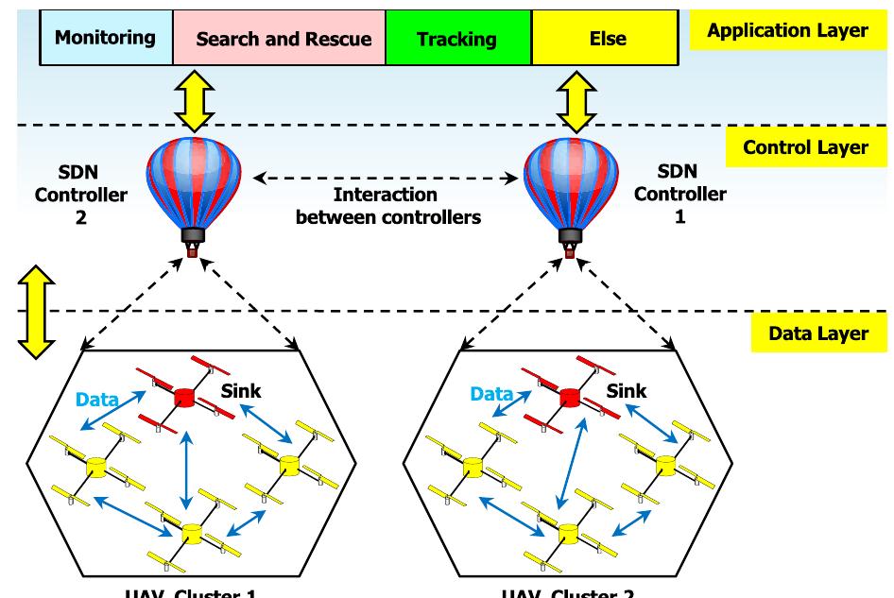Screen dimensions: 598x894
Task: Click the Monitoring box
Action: [105, 38]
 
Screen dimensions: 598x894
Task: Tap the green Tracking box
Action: [457, 39]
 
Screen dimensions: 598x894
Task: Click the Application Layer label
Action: [786, 31]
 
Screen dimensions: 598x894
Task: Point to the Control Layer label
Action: [804, 147]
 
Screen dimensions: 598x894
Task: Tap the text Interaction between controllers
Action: [387, 206]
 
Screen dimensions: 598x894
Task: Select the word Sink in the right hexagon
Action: [626, 390]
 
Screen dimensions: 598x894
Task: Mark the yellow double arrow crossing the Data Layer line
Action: [36, 312]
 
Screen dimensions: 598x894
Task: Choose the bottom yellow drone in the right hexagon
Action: [567, 533]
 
